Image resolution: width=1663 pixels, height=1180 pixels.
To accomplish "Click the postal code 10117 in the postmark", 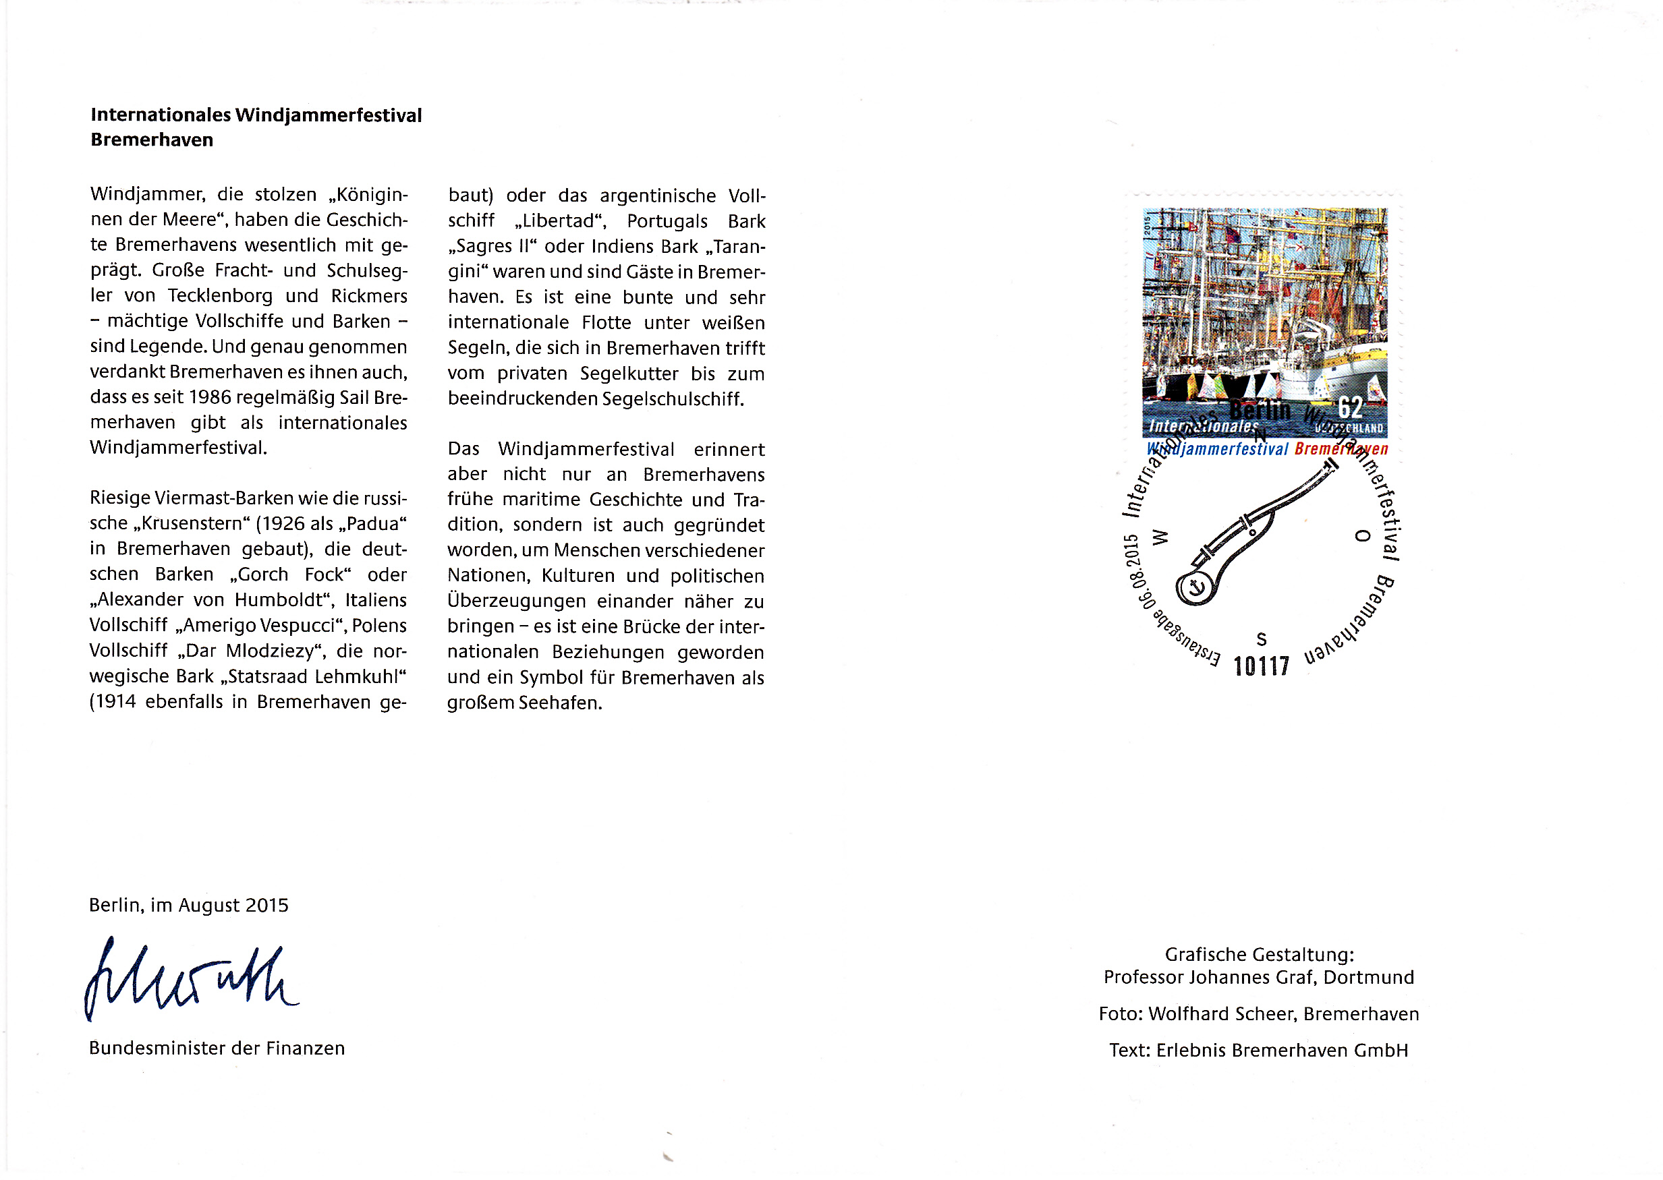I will [x=1261, y=666].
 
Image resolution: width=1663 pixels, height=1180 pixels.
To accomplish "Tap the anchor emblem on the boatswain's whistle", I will [x=1195, y=587].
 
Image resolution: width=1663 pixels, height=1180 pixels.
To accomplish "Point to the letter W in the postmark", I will [x=1161, y=537].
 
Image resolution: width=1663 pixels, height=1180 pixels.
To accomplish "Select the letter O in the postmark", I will [x=1363, y=535].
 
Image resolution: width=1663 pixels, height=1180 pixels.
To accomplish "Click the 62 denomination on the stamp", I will [x=1350, y=407].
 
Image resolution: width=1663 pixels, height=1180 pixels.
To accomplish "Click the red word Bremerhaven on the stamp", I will [x=1341, y=449].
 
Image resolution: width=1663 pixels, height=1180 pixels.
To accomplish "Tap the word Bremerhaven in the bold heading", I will [x=152, y=140].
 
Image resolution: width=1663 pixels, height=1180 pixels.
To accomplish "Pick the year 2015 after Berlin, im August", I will [x=266, y=906].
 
